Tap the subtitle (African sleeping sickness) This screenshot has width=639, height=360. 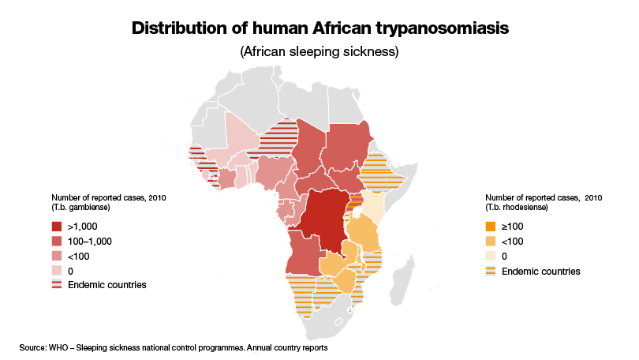319,53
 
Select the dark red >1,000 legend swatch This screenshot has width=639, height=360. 57,225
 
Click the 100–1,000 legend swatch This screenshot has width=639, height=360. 57,240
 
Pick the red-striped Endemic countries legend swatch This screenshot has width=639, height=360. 57,284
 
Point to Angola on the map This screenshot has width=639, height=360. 304,253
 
